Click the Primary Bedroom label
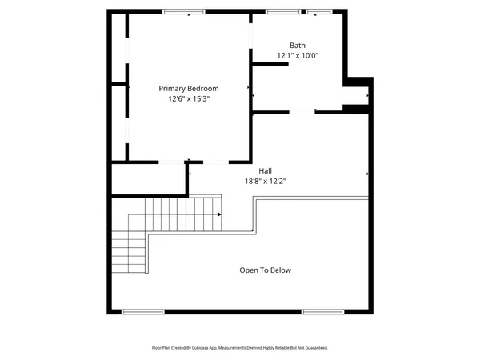[x=188, y=89]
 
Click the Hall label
[x=265, y=170]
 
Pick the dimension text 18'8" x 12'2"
[x=265, y=182]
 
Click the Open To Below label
[x=265, y=270]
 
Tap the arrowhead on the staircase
[x=218, y=214]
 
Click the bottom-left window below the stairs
[x=137, y=310]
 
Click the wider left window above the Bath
[x=278, y=11]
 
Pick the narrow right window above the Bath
[x=318, y=11]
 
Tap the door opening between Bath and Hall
[x=301, y=112]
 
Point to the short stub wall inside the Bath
[x=270, y=64]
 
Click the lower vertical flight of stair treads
[x=128, y=252]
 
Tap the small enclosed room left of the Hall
[x=148, y=178]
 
